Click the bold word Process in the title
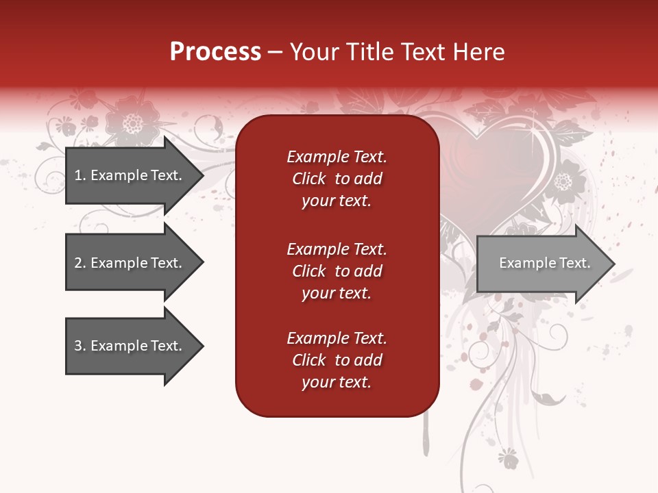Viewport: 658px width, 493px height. (x=215, y=52)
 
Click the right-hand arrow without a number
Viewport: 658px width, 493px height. (x=541, y=264)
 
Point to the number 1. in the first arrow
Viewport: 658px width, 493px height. (x=80, y=175)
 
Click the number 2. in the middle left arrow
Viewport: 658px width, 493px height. (x=80, y=263)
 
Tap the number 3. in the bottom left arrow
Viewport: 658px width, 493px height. (x=80, y=346)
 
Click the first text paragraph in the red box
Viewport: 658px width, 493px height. (x=337, y=179)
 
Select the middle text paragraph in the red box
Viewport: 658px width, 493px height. (x=337, y=271)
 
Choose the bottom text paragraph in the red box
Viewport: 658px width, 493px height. (x=337, y=360)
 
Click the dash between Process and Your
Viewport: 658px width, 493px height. (x=275, y=53)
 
